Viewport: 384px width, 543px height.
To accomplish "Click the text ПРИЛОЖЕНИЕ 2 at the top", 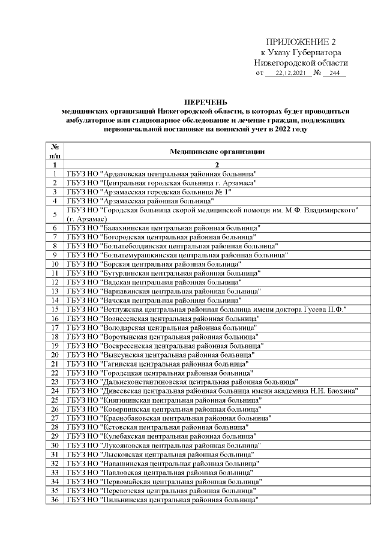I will pyautogui.click(x=301, y=41).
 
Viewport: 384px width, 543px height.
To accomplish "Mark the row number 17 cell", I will pyautogui.click(x=55, y=328).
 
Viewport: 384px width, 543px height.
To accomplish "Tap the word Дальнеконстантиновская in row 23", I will pyautogui.click(x=146, y=382).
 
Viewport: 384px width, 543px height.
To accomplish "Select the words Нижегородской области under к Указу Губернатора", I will pyautogui.click(x=301, y=62).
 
